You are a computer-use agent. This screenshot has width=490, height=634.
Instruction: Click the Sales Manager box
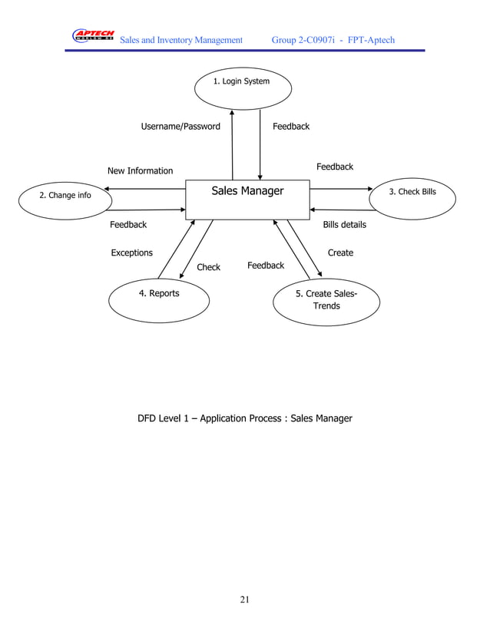click(247, 200)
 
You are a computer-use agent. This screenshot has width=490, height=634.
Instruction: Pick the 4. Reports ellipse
click(159, 300)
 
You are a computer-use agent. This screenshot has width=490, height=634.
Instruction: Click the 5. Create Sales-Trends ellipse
click(326, 302)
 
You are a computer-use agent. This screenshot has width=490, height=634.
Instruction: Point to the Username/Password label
click(180, 127)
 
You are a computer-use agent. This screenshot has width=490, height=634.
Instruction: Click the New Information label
click(140, 171)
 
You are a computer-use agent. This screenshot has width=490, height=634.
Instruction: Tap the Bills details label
click(344, 225)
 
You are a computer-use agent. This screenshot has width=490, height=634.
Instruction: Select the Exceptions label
click(131, 253)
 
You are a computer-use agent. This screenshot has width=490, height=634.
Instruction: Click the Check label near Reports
click(208, 267)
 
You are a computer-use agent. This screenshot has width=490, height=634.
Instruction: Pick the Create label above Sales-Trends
click(340, 253)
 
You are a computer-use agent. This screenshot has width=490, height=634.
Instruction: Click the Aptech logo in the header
click(93, 36)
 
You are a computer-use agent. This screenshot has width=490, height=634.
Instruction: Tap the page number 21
click(244, 599)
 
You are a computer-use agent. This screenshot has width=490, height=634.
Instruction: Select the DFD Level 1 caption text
click(244, 418)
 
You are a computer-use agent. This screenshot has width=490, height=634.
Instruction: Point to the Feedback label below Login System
click(291, 127)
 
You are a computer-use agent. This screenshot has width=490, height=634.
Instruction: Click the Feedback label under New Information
click(128, 225)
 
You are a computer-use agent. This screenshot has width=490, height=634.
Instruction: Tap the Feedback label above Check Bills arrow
click(335, 167)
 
